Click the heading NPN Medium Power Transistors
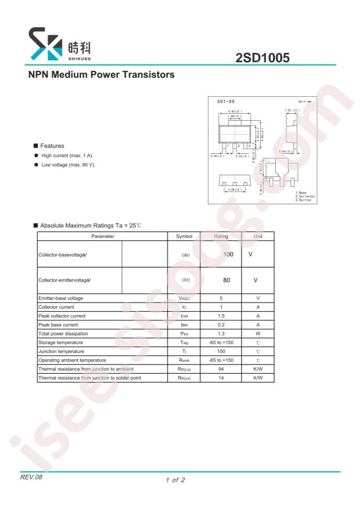pos(102,75)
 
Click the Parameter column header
pos(102,236)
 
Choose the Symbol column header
pos(183,236)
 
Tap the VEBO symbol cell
pos(183,298)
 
